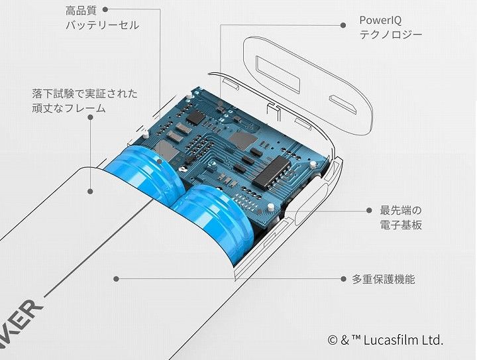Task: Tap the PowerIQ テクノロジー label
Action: coord(390,27)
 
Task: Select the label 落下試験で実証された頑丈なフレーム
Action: coord(85,100)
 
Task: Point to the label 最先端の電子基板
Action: coord(401,217)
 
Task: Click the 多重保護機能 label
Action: coord(384,279)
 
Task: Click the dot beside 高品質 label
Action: coord(105,10)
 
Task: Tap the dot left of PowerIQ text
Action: coord(343,25)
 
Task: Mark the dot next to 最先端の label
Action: coord(368,210)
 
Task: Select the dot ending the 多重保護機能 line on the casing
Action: coord(117,279)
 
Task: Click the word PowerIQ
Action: coord(381,20)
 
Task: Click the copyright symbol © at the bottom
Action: coord(333,340)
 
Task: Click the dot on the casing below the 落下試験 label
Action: coord(89,191)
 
